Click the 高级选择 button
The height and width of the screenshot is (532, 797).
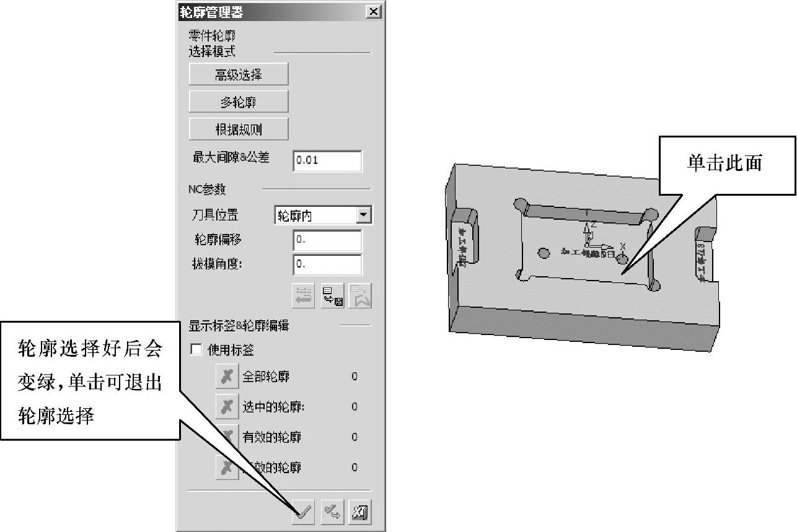(x=239, y=75)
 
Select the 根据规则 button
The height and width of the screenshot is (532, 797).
(x=239, y=129)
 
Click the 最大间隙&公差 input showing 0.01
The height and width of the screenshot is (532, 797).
(x=327, y=160)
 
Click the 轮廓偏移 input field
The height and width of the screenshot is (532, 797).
(x=327, y=240)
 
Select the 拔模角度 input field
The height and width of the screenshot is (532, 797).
(x=327, y=264)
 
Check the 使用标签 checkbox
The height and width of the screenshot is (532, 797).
(x=196, y=350)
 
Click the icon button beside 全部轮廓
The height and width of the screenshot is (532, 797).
(x=227, y=376)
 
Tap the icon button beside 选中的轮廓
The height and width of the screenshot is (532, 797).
(x=227, y=406)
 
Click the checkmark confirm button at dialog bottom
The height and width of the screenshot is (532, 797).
(x=304, y=512)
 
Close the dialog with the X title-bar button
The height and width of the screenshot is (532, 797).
(x=374, y=11)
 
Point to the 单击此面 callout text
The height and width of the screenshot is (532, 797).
(x=724, y=163)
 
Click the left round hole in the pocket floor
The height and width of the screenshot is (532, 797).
(x=544, y=253)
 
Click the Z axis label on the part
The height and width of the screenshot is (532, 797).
(x=594, y=224)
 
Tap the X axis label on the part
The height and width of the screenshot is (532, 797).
(x=623, y=245)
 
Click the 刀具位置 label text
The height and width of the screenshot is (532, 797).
(x=214, y=215)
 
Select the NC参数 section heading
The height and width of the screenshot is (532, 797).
(x=208, y=189)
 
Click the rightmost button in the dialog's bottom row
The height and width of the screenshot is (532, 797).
(x=360, y=512)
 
